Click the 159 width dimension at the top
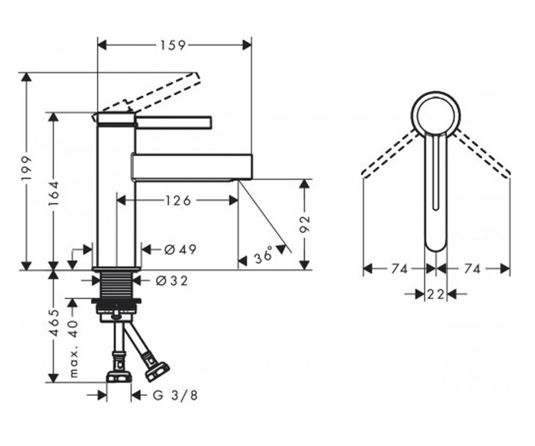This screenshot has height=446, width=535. (173, 45)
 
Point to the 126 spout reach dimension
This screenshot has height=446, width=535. (178, 200)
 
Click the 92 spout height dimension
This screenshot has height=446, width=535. (305, 224)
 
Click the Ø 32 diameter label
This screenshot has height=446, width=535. (172, 281)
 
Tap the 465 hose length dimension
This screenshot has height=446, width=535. (54, 323)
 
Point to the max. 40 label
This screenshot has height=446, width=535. (74, 349)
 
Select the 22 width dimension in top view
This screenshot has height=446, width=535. (436, 294)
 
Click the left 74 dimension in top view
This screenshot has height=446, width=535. (399, 269)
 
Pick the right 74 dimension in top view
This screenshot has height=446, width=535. (472, 269)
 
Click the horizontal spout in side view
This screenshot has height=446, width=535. (192, 167)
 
